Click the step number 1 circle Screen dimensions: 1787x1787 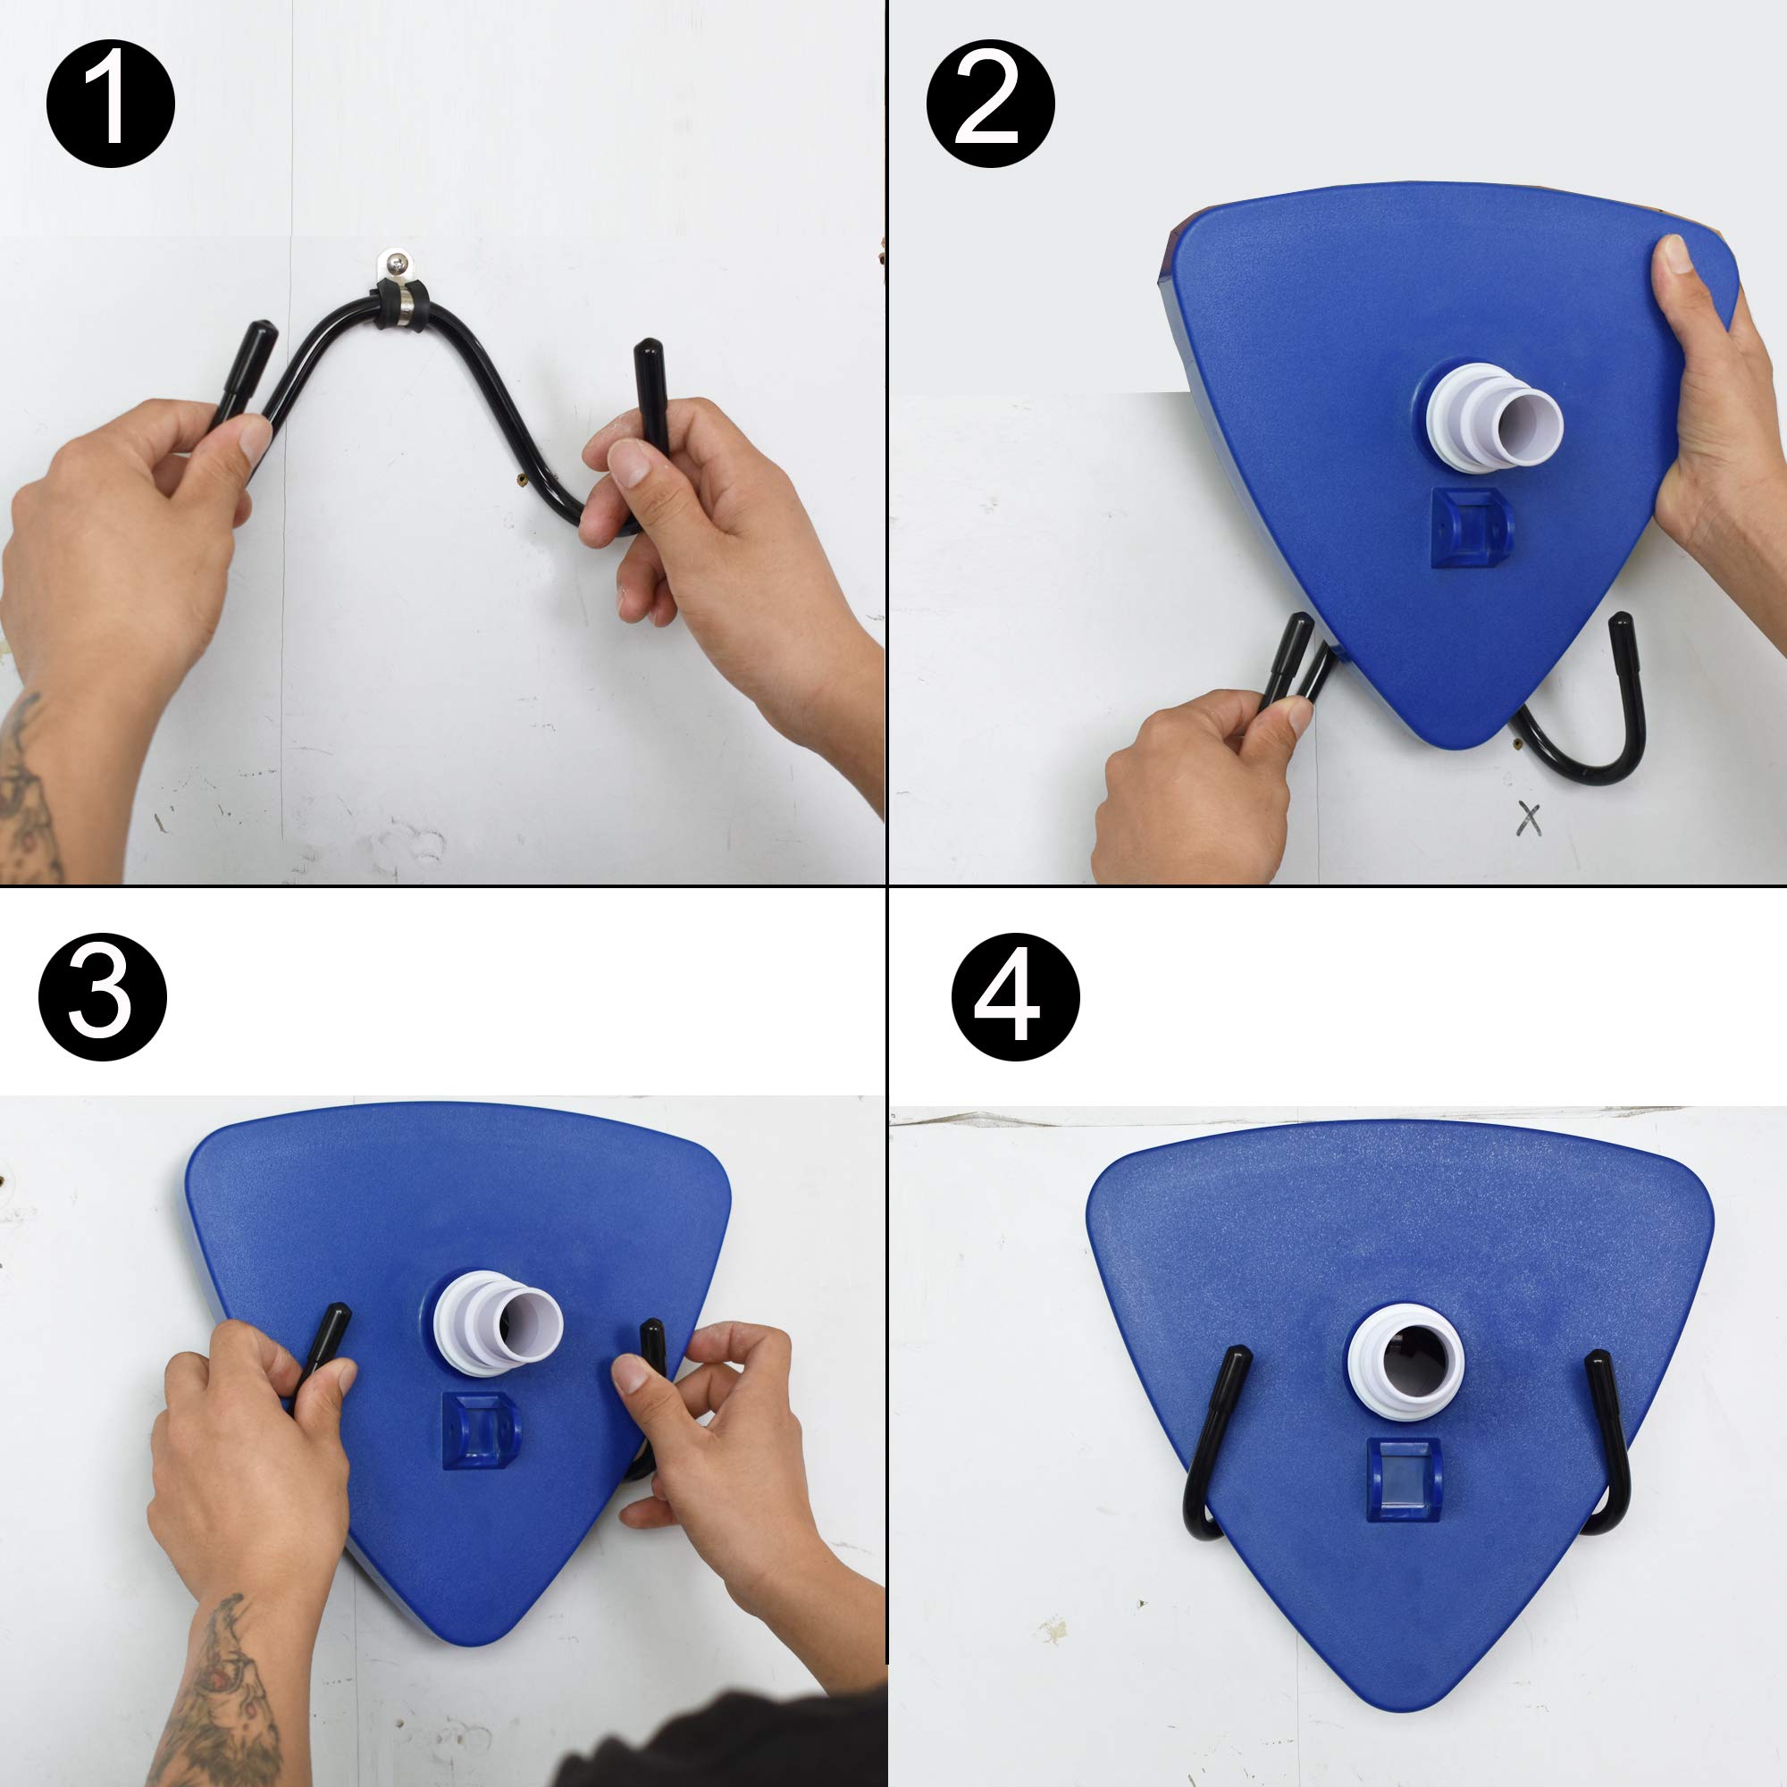click(110, 104)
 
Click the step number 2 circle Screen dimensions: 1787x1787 click(990, 104)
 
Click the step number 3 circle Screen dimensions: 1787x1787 click(102, 996)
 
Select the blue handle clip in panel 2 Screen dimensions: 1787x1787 click(1472, 528)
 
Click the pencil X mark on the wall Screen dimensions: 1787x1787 click(1529, 819)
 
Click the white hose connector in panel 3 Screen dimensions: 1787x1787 click(499, 1321)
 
